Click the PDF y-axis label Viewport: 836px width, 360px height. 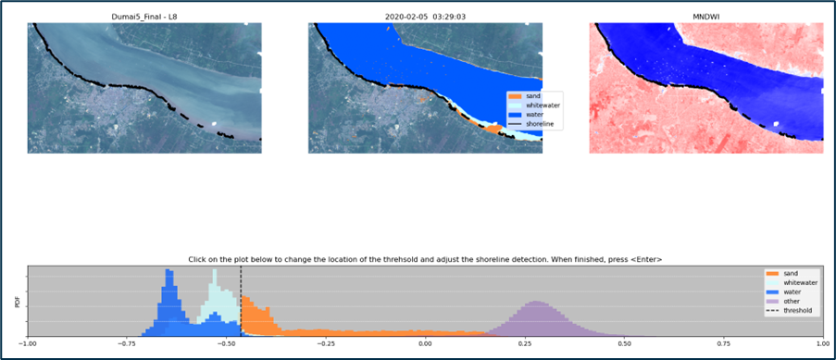coord(17,302)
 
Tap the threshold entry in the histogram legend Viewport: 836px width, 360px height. coord(795,311)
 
